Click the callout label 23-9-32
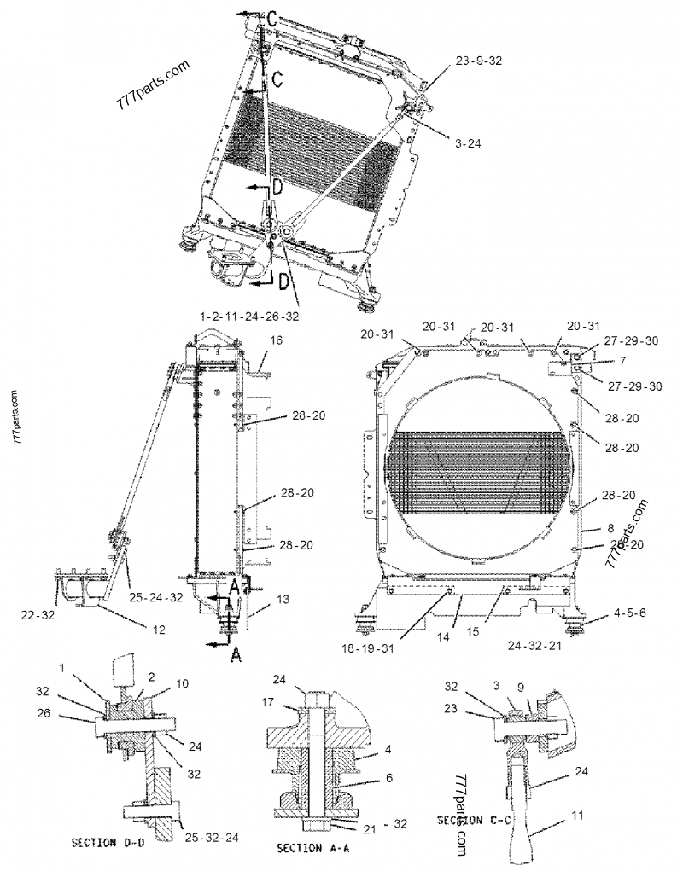(479, 61)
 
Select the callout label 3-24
(469, 144)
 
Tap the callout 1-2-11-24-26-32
(249, 317)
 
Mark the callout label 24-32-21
(557, 647)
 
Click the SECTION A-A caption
(312, 849)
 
